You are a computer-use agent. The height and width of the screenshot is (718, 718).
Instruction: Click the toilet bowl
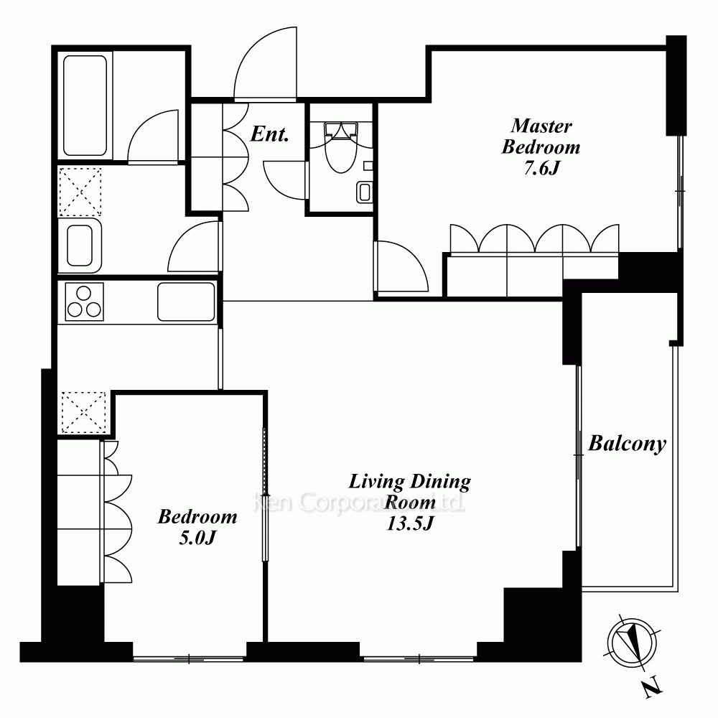point(340,146)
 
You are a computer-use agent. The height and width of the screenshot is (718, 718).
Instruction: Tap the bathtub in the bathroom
point(85,106)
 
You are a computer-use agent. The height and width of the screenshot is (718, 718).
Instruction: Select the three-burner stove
point(84,302)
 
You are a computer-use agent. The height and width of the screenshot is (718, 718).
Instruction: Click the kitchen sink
point(186,302)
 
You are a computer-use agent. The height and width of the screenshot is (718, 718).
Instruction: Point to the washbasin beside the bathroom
point(80,246)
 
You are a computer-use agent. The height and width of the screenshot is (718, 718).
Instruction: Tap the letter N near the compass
point(653,687)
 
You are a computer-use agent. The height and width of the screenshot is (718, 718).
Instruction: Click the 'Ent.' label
point(270,134)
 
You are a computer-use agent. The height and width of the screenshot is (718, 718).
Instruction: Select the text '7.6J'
point(541,169)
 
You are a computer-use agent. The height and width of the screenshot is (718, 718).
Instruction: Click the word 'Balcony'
point(627,443)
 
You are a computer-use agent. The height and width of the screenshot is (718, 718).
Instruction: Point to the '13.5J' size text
point(410,523)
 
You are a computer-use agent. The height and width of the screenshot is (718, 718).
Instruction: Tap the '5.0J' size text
point(197,538)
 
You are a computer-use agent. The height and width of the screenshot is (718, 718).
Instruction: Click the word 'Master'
point(541,126)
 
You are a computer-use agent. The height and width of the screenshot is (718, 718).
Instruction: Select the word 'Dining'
point(440,482)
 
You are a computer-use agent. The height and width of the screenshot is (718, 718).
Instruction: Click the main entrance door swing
point(266,63)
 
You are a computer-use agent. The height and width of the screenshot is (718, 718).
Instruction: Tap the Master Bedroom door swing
point(401,266)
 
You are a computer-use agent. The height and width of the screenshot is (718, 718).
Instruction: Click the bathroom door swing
point(153,136)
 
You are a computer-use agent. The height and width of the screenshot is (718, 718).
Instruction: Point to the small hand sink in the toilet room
point(365,192)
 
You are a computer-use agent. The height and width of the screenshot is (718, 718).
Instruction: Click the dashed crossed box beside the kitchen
point(83,412)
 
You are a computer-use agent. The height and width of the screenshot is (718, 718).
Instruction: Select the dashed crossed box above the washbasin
point(80,192)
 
